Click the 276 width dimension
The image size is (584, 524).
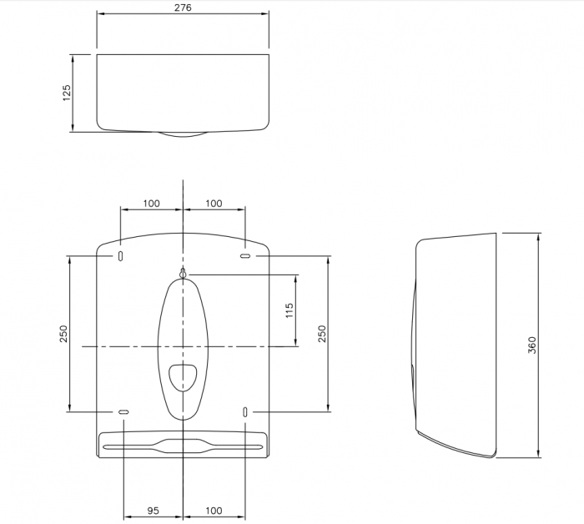[x=183, y=8]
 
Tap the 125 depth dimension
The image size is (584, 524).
[x=66, y=93]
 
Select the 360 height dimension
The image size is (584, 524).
[x=532, y=345]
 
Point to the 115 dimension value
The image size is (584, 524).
[x=289, y=310]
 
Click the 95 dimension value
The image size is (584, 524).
[x=153, y=510]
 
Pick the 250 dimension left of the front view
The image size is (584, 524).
[x=63, y=334]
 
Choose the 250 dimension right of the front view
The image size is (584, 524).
[x=322, y=334]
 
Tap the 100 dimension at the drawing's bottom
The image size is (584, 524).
[x=214, y=510]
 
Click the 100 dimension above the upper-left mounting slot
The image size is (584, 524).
[x=152, y=204]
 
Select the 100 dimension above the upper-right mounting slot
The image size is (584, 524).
[x=214, y=204]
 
